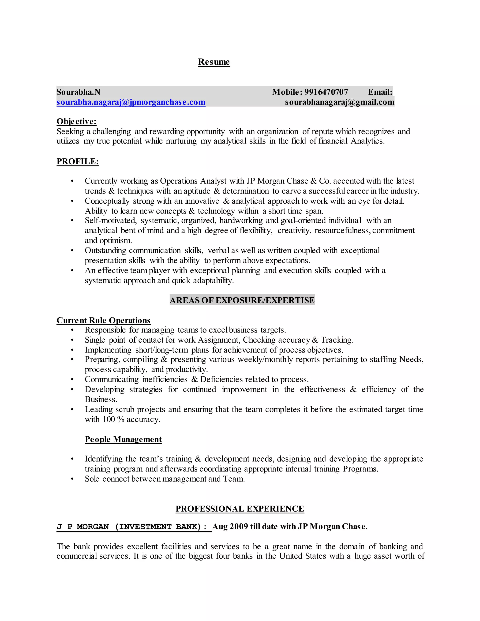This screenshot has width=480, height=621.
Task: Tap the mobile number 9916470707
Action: [x=326, y=92]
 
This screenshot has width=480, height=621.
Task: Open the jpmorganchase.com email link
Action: [x=131, y=102]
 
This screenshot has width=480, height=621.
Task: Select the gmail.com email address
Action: [x=340, y=102]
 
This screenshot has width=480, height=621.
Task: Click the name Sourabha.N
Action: [x=78, y=92]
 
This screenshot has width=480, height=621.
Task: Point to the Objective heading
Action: [x=76, y=121]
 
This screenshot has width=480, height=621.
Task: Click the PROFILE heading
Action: [x=78, y=161]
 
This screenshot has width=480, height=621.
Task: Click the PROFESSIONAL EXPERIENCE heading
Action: [x=240, y=509]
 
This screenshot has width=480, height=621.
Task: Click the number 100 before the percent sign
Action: [x=109, y=419]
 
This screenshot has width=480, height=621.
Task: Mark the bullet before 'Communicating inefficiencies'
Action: [x=72, y=380]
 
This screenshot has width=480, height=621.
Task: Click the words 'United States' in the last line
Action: [x=303, y=556]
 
